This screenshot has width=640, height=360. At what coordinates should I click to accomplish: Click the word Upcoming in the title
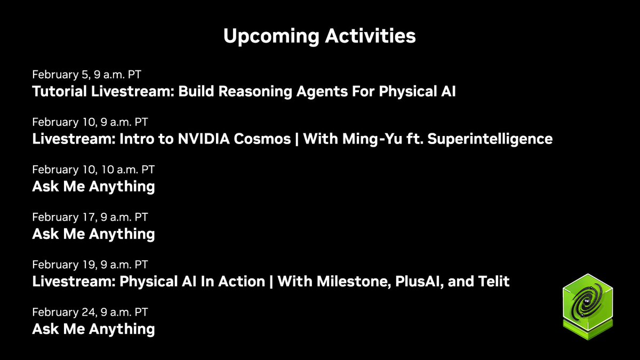(x=271, y=37)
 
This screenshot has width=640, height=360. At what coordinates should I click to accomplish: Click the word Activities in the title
(x=370, y=36)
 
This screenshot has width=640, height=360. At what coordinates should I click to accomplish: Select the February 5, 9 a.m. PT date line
(x=86, y=75)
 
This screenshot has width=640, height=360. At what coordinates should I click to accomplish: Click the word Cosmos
(x=262, y=139)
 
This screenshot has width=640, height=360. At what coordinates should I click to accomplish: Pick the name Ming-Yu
(x=372, y=139)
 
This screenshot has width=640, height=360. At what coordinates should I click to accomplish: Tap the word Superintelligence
(x=490, y=139)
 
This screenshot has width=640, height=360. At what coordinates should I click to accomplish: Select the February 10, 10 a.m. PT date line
(x=93, y=170)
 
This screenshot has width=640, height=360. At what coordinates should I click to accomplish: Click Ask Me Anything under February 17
(x=93, y=234)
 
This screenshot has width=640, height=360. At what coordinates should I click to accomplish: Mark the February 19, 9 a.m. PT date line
(x=90, y=265)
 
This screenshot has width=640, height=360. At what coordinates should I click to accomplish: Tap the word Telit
(x=494, y=282)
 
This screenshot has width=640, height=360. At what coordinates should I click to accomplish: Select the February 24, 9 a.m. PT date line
(x=90, y=313)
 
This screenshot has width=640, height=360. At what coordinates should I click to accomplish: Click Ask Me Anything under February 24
(x=93, y=329)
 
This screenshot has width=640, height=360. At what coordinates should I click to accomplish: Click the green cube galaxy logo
(x=588, y=307)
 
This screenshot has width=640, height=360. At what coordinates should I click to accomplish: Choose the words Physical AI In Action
(x=193, y=282)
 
